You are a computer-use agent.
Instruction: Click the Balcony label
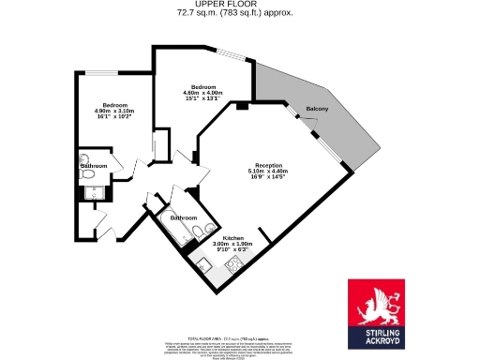click(317, 110)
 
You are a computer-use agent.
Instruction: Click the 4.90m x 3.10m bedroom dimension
click(113, 112)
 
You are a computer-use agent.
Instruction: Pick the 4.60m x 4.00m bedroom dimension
click(202, 93)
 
